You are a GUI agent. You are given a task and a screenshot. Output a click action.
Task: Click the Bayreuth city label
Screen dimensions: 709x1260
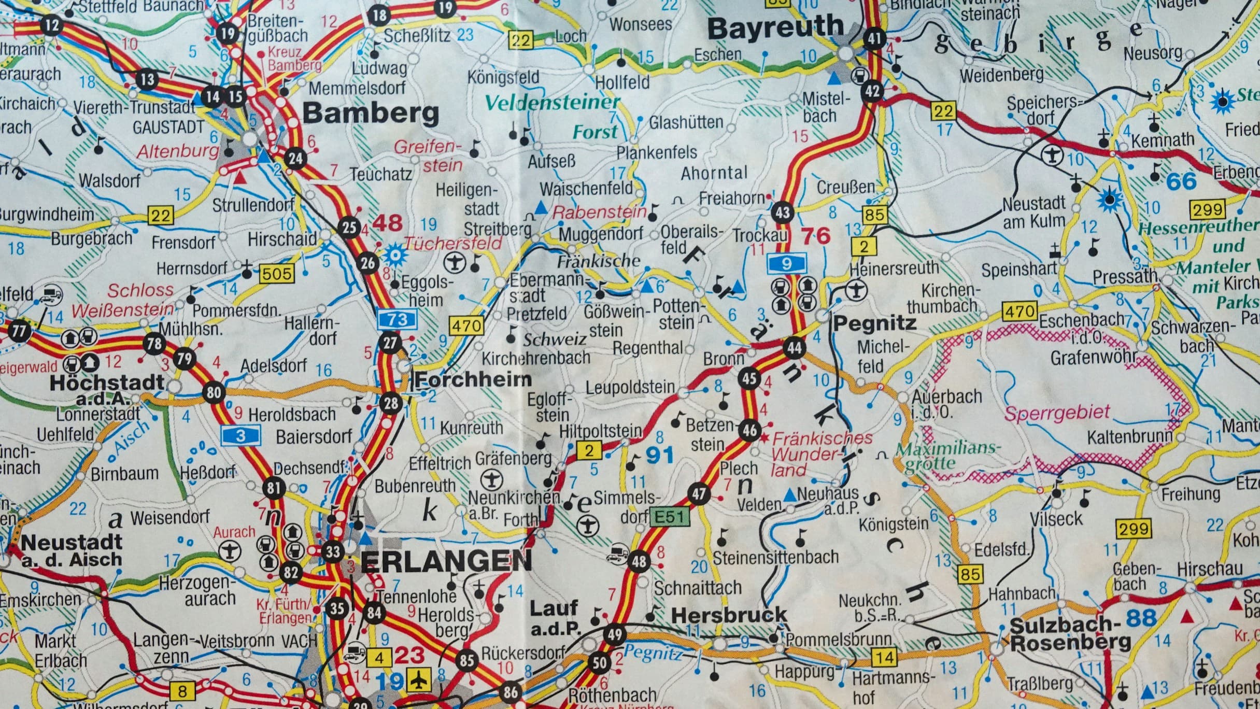click(x=775, y=29)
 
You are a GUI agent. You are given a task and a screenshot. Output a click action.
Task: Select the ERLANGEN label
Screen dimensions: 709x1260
click(x=446, y=561)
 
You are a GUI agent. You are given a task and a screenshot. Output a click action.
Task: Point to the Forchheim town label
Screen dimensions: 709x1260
click(x=473, y=379)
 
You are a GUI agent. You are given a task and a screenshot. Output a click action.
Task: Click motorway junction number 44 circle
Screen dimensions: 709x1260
click(x=794, y=347)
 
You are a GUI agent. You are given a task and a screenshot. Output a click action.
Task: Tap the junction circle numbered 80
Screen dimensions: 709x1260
click(x=214, y=392)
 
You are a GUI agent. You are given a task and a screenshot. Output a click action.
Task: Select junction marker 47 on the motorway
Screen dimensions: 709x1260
click(x=699, y=493)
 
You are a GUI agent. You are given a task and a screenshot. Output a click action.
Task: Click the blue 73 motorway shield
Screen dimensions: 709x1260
click(x=397, y=319)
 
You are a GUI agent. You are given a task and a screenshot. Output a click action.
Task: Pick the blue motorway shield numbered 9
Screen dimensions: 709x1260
click(x=786, y=264)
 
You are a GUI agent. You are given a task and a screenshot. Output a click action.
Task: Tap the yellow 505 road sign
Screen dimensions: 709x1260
click(x=277, y=273)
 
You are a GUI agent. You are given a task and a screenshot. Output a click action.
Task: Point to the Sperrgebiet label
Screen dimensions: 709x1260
click(x=1057, y=413)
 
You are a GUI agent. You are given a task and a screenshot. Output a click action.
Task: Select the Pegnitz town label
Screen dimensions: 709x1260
click(x=874, y=323)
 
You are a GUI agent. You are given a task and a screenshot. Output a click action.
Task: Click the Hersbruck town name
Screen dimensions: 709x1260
click(x=729, y=615)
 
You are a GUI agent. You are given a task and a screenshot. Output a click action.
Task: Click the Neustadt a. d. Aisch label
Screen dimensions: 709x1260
click(x=72, y=550)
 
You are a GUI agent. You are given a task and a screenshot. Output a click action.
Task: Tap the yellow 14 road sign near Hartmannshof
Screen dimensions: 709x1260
click(x=884, y=657)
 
